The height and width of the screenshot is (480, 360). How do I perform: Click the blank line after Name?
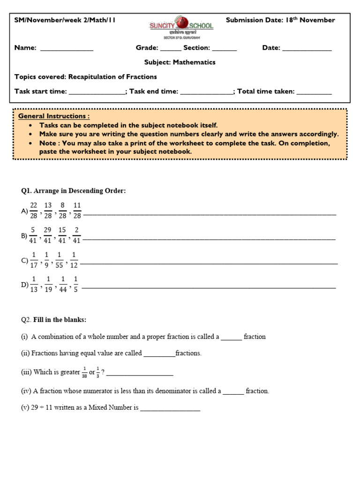point(67,49)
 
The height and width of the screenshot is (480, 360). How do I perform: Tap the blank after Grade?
point(171,49)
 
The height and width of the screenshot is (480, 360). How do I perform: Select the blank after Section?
point(225,49)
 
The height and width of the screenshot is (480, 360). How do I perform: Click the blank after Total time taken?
point(314,92)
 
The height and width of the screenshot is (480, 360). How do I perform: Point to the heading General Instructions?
point(53,116)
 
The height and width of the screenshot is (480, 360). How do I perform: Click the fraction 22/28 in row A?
point(34,210)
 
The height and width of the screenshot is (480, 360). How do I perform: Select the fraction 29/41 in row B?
point(47,235)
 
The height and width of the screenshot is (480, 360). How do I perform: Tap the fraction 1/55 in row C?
point(60,260)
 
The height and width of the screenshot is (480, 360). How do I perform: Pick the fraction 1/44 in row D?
point(62,285)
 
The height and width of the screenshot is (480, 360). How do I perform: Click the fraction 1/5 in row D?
point(75,285)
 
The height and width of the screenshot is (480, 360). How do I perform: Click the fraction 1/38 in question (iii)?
point(84,372)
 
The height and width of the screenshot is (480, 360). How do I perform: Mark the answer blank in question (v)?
point(170,408)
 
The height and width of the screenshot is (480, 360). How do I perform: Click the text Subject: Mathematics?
point(180,62)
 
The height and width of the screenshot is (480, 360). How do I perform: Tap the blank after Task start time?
point(97,92)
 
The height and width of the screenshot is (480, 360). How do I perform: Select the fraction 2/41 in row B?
point(76,235)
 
